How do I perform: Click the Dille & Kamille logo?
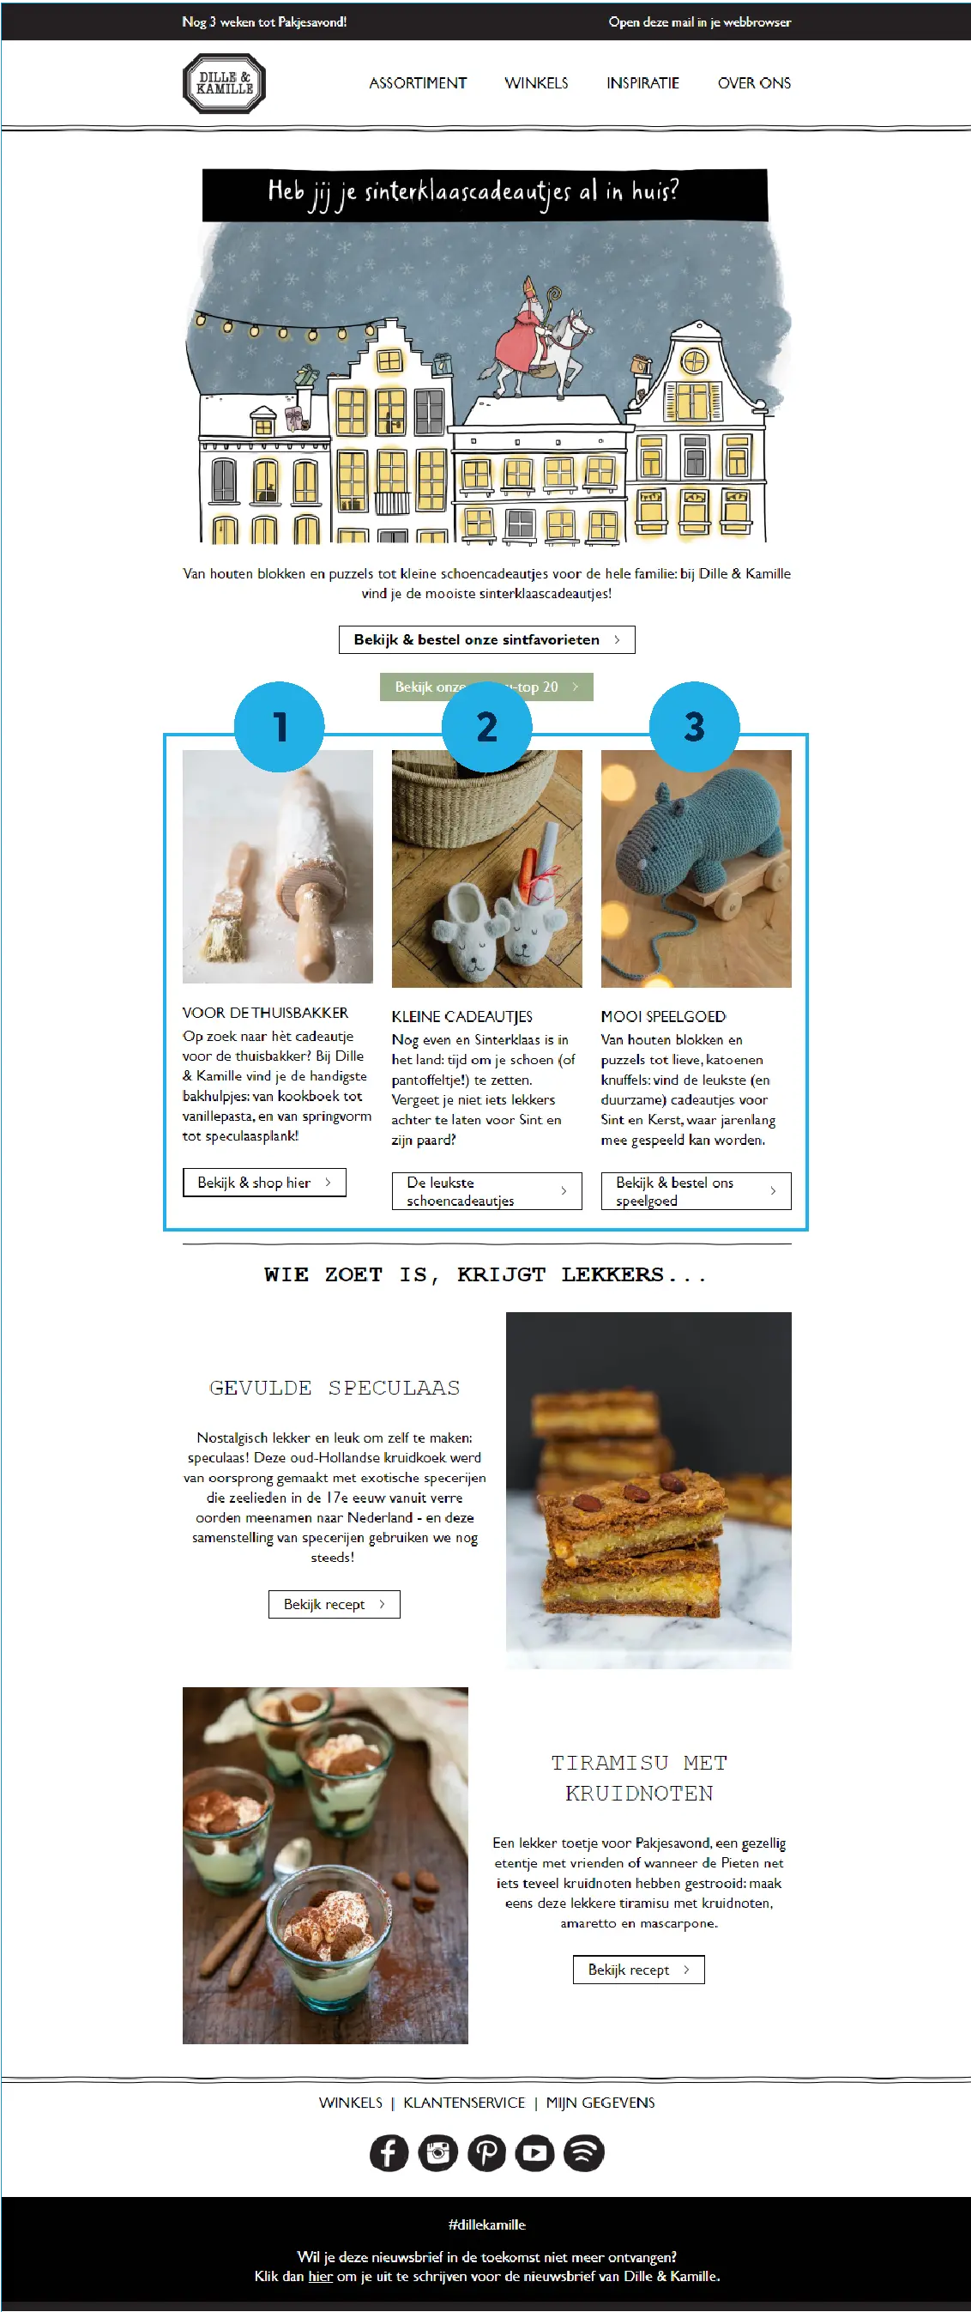pos(224,83)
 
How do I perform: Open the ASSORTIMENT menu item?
pos(419,83)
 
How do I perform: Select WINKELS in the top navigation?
pos(536,83)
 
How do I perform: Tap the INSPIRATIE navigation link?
pos(642,83)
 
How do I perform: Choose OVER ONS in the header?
pos(754,83)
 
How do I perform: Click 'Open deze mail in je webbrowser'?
pos(700,21)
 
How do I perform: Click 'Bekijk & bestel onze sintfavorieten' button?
pos(486,640)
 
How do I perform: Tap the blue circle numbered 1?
pos(279,726)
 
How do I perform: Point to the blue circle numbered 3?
pos(695,726)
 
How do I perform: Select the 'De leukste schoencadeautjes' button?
pos(486,1191)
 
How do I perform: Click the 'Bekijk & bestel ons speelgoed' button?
pos(696,1191)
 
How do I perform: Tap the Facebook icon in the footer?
pos(389,2152)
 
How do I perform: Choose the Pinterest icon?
pos(486,2152)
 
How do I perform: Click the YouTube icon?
pos(535,2152)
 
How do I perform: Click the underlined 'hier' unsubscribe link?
pos(320,2276)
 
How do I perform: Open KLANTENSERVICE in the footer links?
pos(464,2103)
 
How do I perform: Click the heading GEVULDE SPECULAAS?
pos(335,1388)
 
